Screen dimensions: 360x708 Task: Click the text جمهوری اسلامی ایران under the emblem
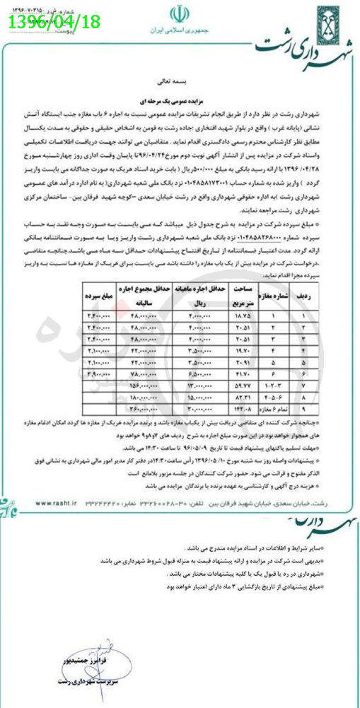(x=176, y=32)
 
